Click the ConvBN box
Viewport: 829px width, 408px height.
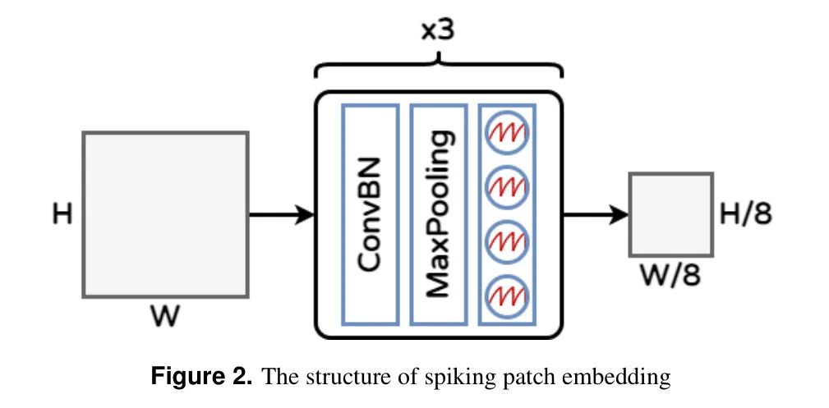tap(369, 213)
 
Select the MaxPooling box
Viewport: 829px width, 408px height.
tap(439, 213)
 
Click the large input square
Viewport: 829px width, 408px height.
tap(165, 214)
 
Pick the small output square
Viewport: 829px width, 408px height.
tap(671, 214)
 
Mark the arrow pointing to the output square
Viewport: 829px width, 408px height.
tap(596, 215)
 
